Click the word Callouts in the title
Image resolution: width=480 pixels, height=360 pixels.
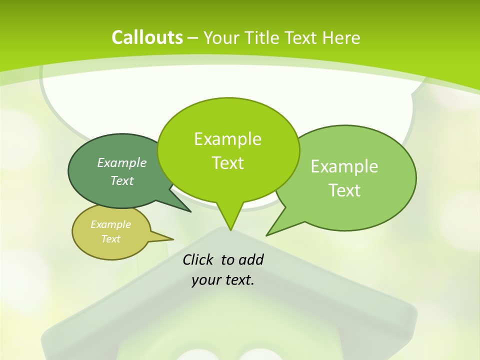[x=147, y=37]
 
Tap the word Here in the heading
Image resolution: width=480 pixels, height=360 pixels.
[x=341, y=37]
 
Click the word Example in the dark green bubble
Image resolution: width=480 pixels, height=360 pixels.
[x=122, y=162]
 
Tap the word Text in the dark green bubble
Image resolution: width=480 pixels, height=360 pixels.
[x=122, y=180]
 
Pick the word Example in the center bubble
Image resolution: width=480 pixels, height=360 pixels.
[x=227, y=139]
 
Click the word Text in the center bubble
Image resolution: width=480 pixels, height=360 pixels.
[x=227, y=163]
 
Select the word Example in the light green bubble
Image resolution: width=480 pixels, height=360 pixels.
[x=344, y=166]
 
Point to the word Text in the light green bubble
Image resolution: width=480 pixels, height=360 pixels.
[x=344, y=190]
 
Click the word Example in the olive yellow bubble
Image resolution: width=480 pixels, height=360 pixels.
[x=110, y=224]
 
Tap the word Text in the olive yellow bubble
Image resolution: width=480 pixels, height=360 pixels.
[x=110, y=239]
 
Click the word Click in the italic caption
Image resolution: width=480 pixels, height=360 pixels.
[x=198, y=259]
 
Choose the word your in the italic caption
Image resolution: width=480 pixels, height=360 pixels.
[x=206, y=280]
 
